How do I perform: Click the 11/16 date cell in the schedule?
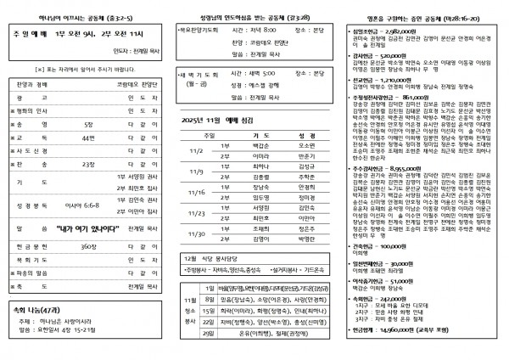click(199, 192)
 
